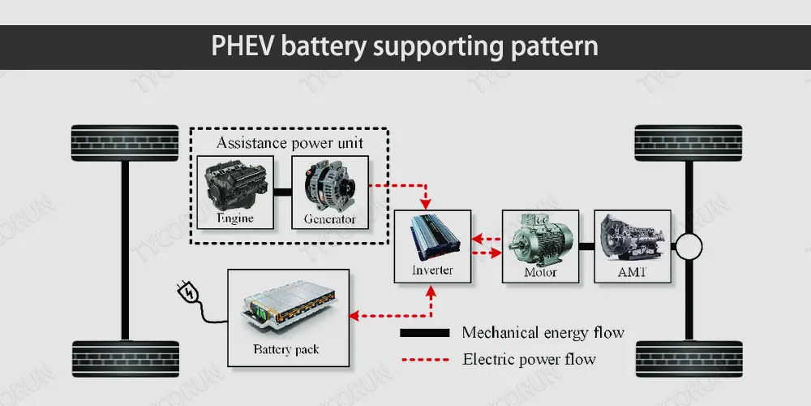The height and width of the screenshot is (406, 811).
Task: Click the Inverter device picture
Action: (433, 236)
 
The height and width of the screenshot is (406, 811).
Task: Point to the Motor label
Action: (540, 272)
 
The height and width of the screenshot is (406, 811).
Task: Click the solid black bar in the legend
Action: (424, 333)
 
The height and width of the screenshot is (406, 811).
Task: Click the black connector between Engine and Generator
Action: (281, 192)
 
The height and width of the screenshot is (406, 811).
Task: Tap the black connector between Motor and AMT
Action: (586, 243)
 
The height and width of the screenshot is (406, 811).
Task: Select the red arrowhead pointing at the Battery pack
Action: (354, 315)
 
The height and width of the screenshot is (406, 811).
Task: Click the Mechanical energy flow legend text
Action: (543, 332)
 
